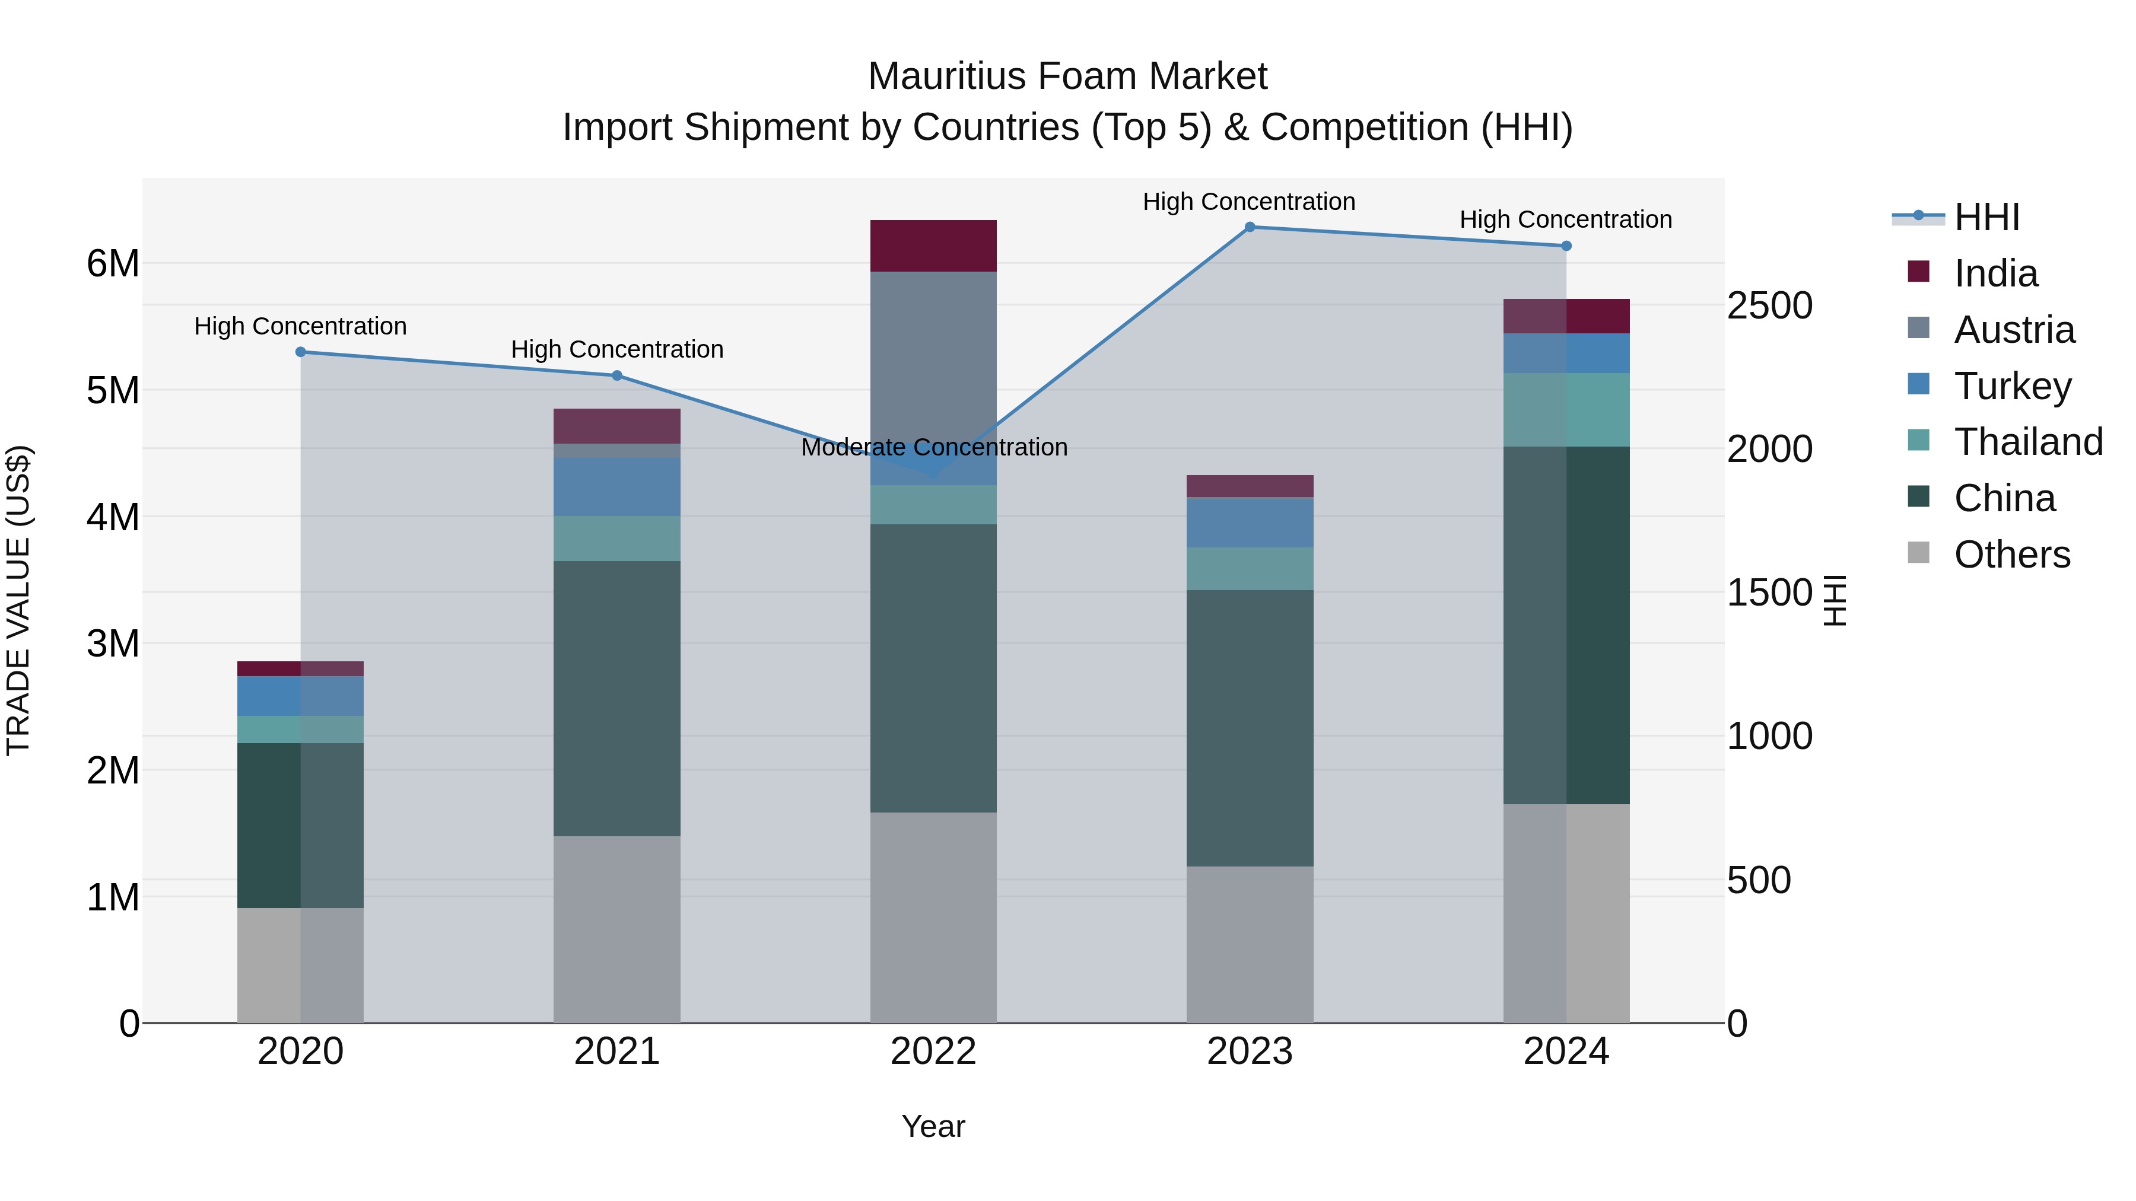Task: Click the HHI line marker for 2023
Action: (x=1250, y=227)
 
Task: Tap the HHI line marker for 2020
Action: (x=301, y=352)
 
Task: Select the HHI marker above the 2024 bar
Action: (x=1566, y=246)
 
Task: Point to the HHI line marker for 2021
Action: (x=617, y=375)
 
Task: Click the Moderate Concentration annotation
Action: (x=934, y=448)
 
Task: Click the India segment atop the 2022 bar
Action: (x=934, y=246)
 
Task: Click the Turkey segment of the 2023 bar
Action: (x=1250, y=522)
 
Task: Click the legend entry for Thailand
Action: (x=2027, y=442)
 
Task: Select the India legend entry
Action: (x=1994, y=273)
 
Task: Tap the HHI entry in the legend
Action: (x=1986, y=217)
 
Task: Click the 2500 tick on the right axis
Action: (x=1769, y=306)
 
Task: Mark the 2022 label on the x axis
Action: (x=934, y=1052)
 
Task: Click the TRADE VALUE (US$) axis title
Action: (x=19, y=600)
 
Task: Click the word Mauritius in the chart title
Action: (x=947, y=77)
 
